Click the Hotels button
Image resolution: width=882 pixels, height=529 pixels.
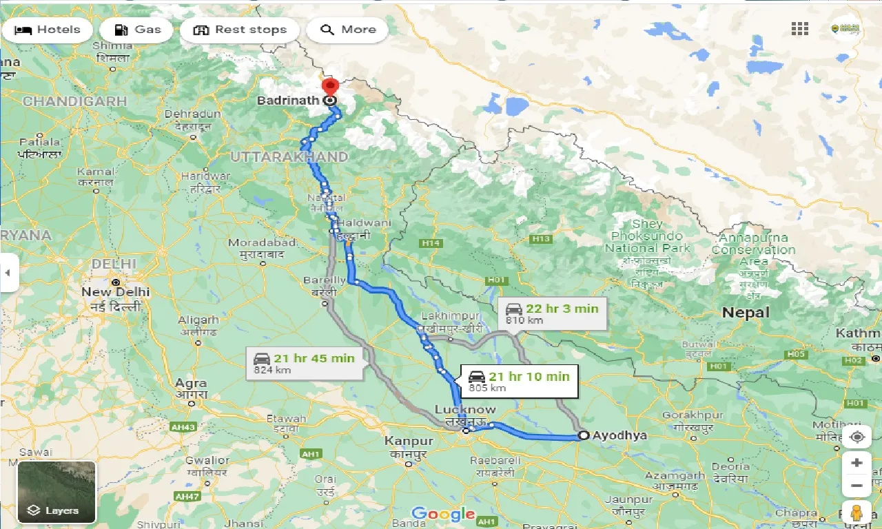click(x=48, y=30)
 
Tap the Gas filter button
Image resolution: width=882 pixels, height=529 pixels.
click(x=136, y=30)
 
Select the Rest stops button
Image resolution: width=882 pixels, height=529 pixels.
click(x=240, y=30)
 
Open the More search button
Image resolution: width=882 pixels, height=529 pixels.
click(x=348, y=30)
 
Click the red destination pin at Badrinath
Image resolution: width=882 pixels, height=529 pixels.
click(x=330, y=88)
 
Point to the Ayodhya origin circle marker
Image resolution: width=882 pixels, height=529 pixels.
click(x=584, y=435)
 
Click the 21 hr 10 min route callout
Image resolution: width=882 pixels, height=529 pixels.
click(x=520, y=381)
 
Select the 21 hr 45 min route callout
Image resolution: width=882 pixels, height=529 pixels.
click(x=305, y=363)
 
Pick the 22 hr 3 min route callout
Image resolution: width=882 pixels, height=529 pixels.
click(x=552, y=313)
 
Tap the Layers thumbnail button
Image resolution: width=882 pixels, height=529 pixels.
click(x=57, y=492)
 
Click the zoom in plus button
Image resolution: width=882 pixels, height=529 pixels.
click(x=857, y=463)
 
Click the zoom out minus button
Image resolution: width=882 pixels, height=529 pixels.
click(x=857, y=486)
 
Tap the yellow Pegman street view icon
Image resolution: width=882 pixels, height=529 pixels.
click(x=857, y=513)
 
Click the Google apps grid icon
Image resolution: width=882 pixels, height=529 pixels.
click(x=799, y=29)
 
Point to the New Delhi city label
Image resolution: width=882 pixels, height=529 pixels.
click(x=115, y=292)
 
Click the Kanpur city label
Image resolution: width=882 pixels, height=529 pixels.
click(x=409, y=441)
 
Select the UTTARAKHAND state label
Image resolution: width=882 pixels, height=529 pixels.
click(x=289, y=157)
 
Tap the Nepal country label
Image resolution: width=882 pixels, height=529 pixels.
click(x=746, y=313)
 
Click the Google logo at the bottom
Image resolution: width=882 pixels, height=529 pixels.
click(x=443, y=514)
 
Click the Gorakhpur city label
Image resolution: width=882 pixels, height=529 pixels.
click(x=693, y=415)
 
